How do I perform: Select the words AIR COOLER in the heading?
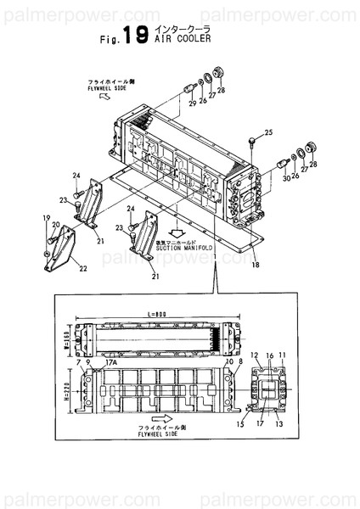[180, 38]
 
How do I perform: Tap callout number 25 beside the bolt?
[268, 132]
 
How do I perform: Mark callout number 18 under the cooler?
[254, 265]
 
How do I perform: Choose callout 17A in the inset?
[110, 362]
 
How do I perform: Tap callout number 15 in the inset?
[240, 422]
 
